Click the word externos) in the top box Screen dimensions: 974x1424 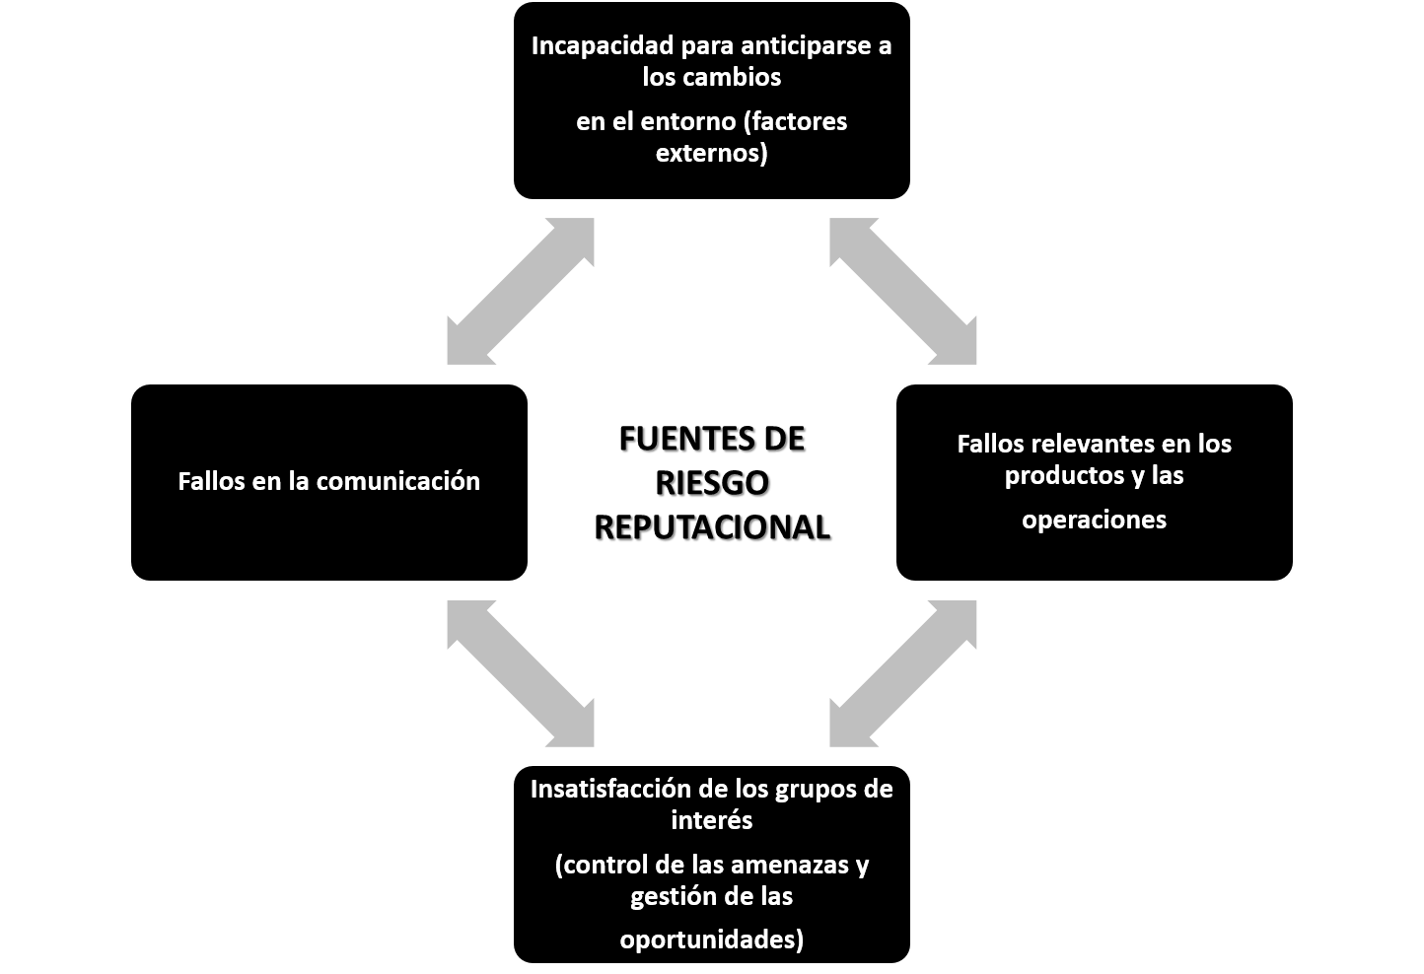(x=711, y=153)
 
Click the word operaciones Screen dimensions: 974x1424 (x=1094, y=520)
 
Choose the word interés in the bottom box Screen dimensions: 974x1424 (x=711, y=820)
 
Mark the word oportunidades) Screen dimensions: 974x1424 (x=711, y=940)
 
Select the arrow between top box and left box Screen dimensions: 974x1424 (x=521, y=292)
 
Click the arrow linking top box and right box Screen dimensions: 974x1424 (x=903, y=292)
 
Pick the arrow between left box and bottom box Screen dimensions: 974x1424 (x=521, y=673)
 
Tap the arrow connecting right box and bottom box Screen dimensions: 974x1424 (x=903, y=673)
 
